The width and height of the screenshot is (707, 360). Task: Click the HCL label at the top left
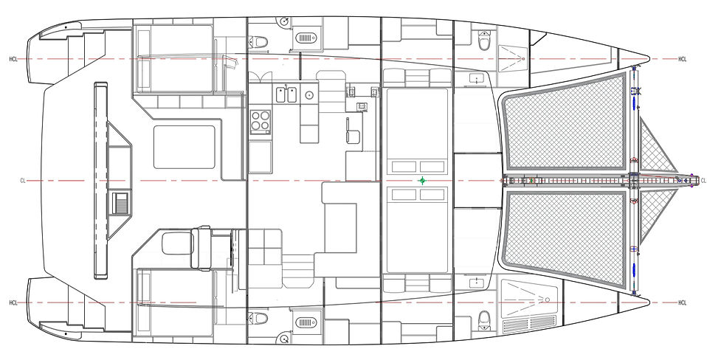pyautogui.click(x=13, y=59)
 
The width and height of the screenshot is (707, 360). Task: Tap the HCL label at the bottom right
pyautogui.click(x=682, y=302)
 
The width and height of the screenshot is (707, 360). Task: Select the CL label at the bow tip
pyautogui.click(x=703, y=181)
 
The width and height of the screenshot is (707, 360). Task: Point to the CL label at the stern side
pyautogui.click(x=23, y=181)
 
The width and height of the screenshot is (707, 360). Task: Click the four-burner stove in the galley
pyautogui.click(x=261, y=122)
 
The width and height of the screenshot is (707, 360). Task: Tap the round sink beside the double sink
pyautogui.click(x=309, y=95)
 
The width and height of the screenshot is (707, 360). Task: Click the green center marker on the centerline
pyautogui.click(x=422, y=181)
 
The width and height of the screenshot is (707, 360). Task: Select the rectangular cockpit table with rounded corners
pyautogui.click(x=184, y=147)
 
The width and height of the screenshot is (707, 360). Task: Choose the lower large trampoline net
pyautogui.click(x=565, y=239)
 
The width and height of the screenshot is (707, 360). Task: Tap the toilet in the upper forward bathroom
pyautogui.click(x=484, y=40)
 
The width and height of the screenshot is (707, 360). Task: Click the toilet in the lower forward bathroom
pyautogui.click(x=484, y=320)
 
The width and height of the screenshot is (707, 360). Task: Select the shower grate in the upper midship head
pyautogui.click(x=306, y=38)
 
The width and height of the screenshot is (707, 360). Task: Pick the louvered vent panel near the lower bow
pyautogui.click(x=529, y=324)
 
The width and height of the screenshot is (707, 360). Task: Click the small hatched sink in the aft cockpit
pyautogui.click(x=120, y=204)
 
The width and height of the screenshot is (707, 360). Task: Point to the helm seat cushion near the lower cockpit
pyautogui.click(x=177, y=243)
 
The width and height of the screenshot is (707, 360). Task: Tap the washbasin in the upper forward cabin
pyautogui.click(x=476, y=79)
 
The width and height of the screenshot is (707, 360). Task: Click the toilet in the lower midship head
pyautogui.click(x=258, y=318)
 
